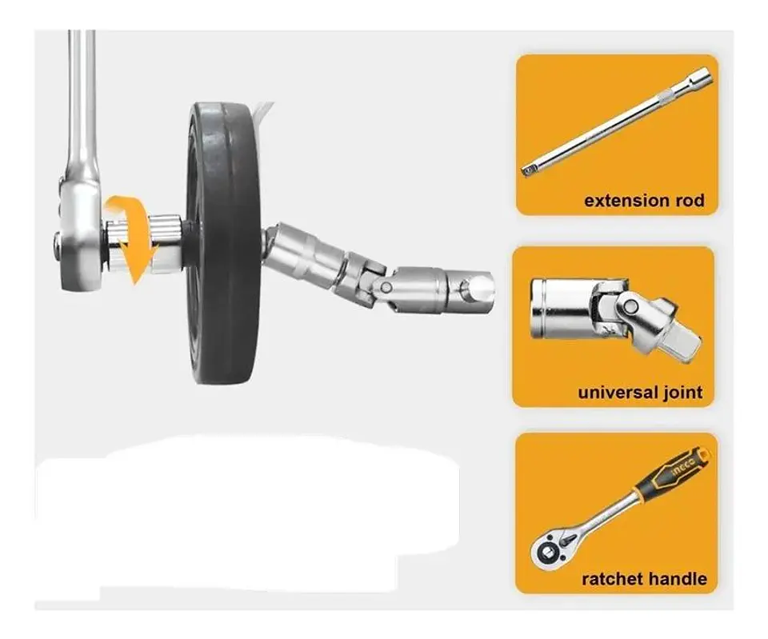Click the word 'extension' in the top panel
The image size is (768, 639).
627,201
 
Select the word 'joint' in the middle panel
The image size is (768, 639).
682,393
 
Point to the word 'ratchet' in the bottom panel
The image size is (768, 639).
610,579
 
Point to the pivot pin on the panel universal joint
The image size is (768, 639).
632,307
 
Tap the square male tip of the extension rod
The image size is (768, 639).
528,170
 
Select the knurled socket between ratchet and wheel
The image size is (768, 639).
166,243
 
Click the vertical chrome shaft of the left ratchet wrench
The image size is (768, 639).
81,98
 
